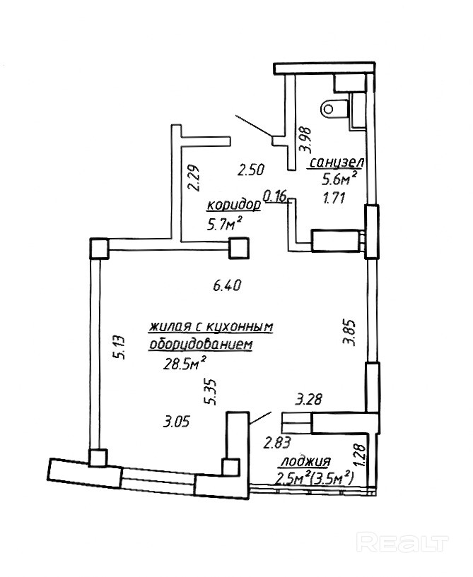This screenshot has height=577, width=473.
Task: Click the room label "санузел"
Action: pos(335,164)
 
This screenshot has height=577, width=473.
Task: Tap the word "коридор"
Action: pos(233,206)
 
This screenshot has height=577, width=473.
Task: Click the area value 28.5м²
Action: pos(185,363)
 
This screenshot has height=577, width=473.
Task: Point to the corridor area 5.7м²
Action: pos(225,225)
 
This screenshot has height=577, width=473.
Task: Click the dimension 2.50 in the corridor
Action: pos(250,169)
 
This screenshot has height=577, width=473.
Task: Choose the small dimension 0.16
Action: pos(274,195)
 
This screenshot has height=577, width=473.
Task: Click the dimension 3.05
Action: pos(176,422)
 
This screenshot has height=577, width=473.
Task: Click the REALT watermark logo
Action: pos(403,542)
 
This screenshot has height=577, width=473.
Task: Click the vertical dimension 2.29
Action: pos(192,177)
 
